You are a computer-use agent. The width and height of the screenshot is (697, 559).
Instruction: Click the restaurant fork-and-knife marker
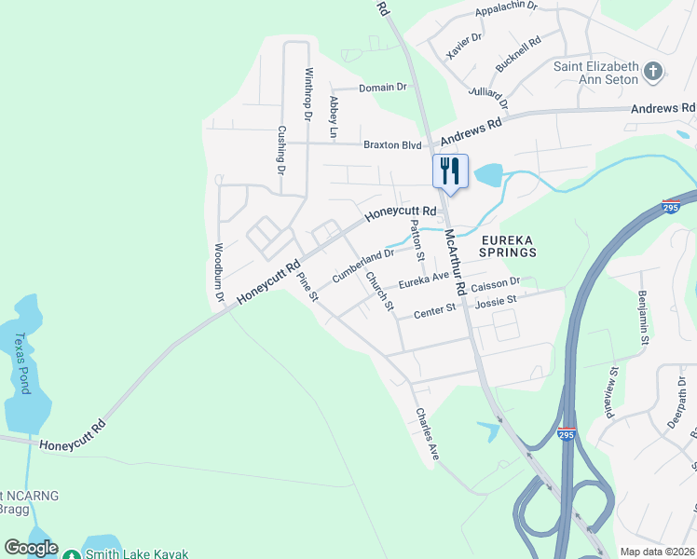[x=450, y=170]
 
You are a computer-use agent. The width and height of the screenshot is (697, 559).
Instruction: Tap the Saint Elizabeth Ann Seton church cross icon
[x=653, y=71]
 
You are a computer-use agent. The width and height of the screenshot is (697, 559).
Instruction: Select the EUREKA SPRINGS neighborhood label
[x=508, y=245]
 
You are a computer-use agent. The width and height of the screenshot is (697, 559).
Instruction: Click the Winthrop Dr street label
[x=307, y=94]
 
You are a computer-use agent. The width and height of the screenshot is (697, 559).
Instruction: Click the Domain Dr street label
[x=383, y=87]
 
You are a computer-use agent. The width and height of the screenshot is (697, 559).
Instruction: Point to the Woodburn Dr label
[x=220, y=272]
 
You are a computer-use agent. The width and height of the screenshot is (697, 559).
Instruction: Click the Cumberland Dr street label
[x=363, y=265]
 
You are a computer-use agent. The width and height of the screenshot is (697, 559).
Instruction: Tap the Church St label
[x=380, y=291]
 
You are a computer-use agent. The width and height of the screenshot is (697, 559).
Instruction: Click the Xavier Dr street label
[x=464, y=45]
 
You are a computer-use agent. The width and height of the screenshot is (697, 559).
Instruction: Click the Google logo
[x=31, y=549]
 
